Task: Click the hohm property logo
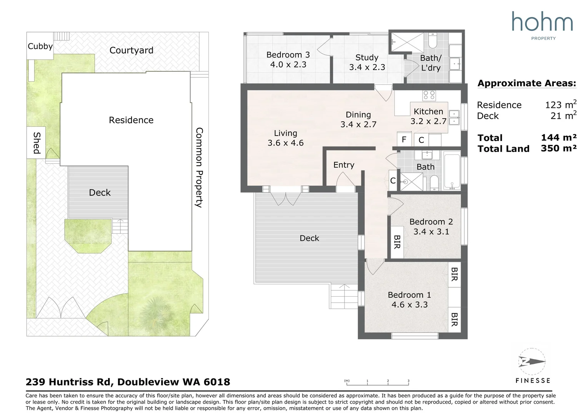click(x=542, y=26)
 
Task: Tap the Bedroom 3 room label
click(x=288, y=55)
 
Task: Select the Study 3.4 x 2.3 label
click(x=367, y=62)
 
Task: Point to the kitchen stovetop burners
click(x=429, y=95)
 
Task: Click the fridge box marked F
click(x=404, y=139)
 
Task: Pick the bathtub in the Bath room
click(x=452, y=171)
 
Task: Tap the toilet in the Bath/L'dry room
click(x=433, y=41)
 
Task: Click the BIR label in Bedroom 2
click(x=397, y=242)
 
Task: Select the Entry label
click(x=344, y=165)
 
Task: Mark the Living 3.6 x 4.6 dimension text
click(x=285, y=143)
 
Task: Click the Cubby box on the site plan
click(x=40, y=46)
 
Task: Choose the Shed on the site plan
click(x=36, y=143)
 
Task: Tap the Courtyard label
click(x=131, y=50)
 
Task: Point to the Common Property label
click(x=199, y=168)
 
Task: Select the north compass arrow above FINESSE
click(x=532, y=362)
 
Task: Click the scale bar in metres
click(x=378, y=383)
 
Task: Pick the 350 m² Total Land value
click(x=559, y=148)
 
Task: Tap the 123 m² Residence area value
click(x=561, y=104)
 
